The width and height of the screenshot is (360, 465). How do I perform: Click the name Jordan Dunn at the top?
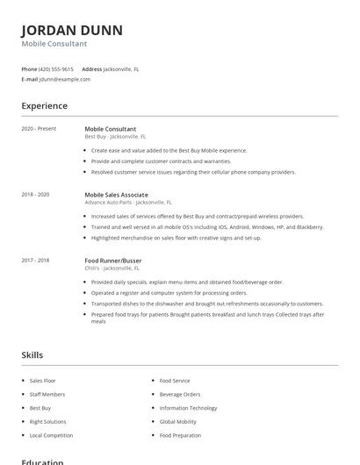coord(72,30)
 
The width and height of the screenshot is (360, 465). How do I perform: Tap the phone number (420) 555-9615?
coord(56,68)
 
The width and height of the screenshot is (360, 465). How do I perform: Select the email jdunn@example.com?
coord(64,79)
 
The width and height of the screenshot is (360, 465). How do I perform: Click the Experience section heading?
coord(44,106)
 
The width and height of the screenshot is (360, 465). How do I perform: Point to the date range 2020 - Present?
coord(39,129)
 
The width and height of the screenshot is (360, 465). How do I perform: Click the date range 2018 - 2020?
coord(35,194)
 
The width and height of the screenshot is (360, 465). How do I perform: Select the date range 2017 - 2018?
coord(35,260)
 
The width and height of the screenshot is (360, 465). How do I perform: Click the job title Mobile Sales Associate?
coord(116,194)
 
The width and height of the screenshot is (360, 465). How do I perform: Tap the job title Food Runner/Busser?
coord(112,260)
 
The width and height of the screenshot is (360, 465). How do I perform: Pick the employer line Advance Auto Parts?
coord(128,202)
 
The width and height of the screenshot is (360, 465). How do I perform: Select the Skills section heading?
coord(32,354)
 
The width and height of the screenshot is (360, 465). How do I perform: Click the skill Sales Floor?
coord(42,381)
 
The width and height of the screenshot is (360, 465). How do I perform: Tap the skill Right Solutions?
coord(47,422)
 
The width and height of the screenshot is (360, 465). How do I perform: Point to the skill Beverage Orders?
coord(180,395)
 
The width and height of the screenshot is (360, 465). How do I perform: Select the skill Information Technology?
coord(188,408)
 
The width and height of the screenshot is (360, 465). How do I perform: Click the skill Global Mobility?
coord(177,422)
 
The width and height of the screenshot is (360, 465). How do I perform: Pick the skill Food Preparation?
coord(180,435)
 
